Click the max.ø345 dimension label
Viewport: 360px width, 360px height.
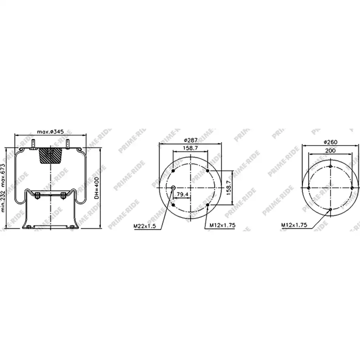(50, 132)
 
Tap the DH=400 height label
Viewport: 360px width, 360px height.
(97, 188)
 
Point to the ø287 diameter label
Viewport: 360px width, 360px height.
(191, 140)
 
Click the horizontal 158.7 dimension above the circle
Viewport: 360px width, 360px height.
(190, 148)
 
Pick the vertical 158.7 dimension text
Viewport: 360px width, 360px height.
(229, 188)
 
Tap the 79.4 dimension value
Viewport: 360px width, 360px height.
(182, 194)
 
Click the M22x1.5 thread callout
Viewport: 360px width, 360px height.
(144, 226)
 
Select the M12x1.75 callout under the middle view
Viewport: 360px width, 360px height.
(223, 225)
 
